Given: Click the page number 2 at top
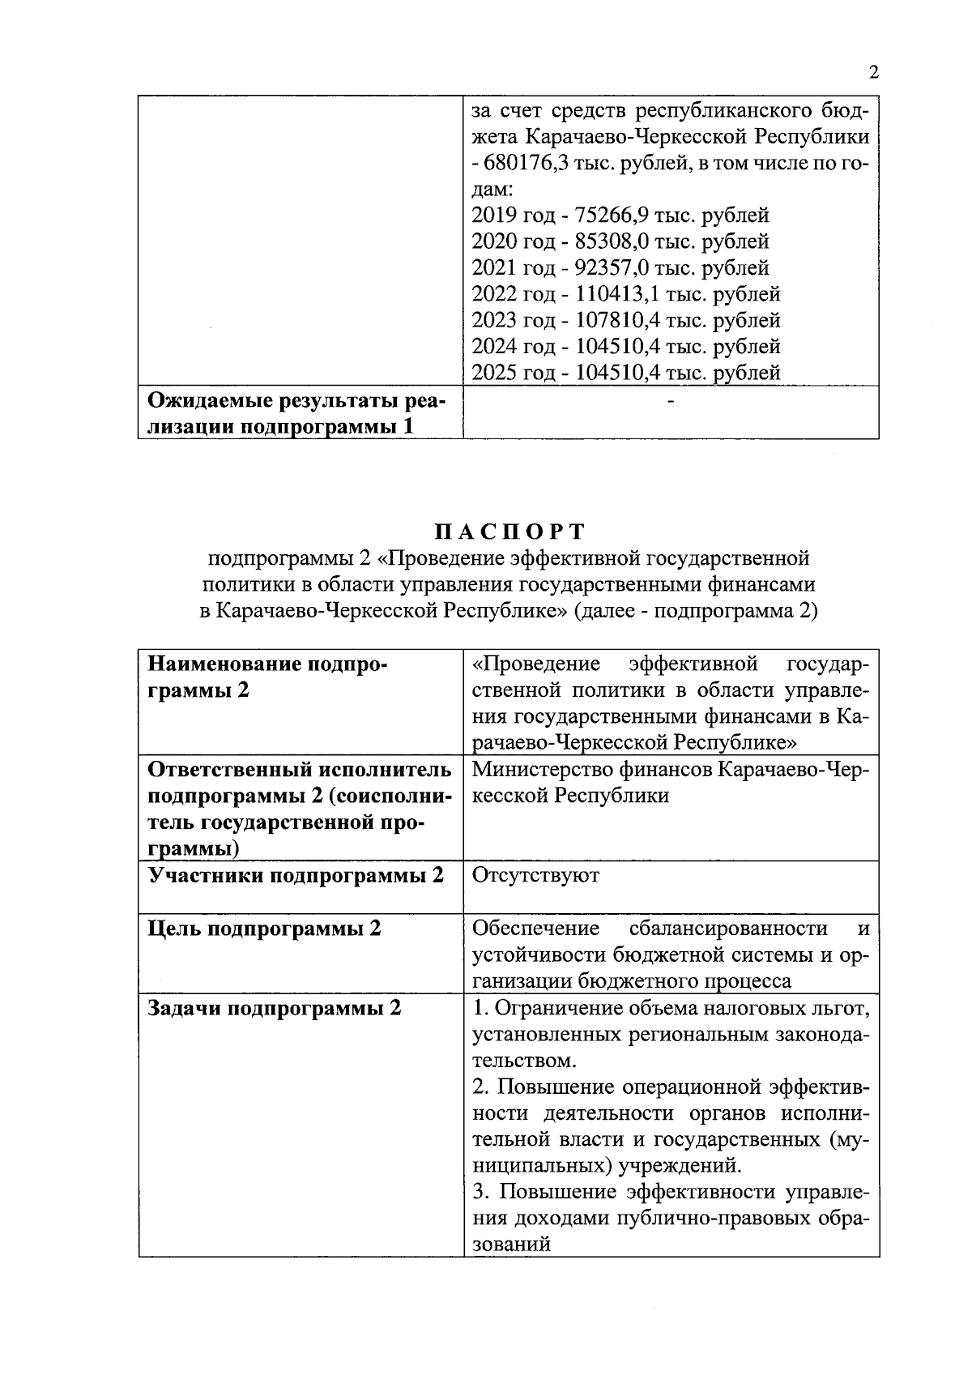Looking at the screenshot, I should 873,73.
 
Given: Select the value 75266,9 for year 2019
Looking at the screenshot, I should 611,216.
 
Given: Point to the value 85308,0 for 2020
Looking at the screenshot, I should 611,241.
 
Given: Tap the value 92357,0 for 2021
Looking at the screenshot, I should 611,267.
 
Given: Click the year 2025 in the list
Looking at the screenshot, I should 497,373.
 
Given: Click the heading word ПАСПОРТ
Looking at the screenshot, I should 509,532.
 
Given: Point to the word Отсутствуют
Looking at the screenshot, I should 535,876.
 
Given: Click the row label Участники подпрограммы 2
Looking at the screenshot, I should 296,876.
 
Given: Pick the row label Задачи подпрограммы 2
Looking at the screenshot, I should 275,1009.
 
